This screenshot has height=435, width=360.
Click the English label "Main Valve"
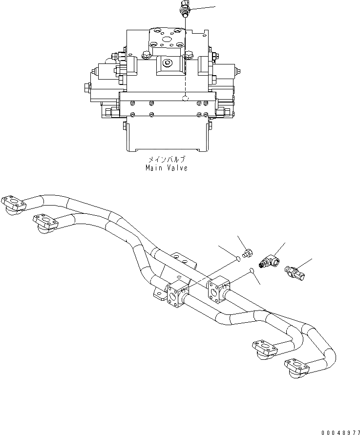coord(166,168)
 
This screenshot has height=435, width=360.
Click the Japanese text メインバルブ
coord(166,160)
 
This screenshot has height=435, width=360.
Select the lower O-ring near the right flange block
coord(251,269)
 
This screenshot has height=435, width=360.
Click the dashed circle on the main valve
coord(185,99)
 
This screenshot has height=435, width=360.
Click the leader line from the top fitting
coord(203,9)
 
